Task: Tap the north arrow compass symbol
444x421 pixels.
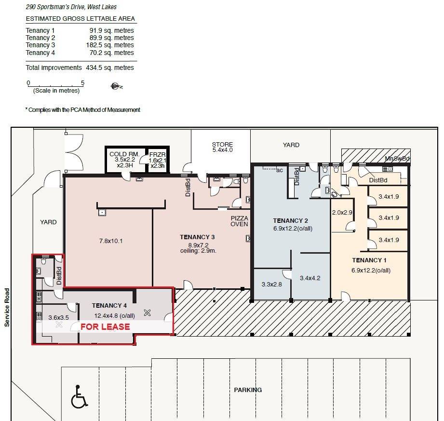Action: pyautogui.click(x=116, y=86)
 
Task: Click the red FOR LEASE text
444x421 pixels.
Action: pyautogui.click(x=105, y=326)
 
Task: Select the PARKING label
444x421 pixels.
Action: pyautogui.click(x=248, y=390)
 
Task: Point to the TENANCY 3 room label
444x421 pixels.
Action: pyautogui.click(x=197, y=237)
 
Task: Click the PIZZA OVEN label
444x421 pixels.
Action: pyautogui.click(x=239, y=221)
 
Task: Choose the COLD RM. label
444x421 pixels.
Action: pyautogui.click(x=124, y=154)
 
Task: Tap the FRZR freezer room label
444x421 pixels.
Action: pyautogui.click(x=158, y=155)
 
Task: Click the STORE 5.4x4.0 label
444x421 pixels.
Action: pyautogui.click(x=222, y=147)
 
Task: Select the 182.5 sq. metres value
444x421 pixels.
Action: pyautogui.click(x=110, y=45)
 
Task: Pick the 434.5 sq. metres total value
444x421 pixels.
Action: pyautogui.click(x=110, y=68)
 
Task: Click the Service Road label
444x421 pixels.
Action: pyautogui.click(x=7, y=307)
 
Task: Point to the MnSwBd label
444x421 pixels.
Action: pyautogui.click(x=397, y=159)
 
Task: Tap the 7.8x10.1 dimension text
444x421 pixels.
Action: pyautogui.click(x=111, y=241)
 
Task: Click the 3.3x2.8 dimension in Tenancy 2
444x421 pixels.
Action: pyautogui.click(x=271, y=284)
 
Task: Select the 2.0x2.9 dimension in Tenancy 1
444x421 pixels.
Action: pyautogui.click(x=342, y=212)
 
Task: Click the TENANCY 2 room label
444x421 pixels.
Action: pyautogui.click(x=290, y=220)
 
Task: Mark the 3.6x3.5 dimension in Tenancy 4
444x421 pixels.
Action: pyautogui.click(x=59, y=318)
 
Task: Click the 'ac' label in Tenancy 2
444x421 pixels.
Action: pyautogui.click(x=280, y=170)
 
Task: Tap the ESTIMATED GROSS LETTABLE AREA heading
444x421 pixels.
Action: pyautogui.click(x=81, y=19)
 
